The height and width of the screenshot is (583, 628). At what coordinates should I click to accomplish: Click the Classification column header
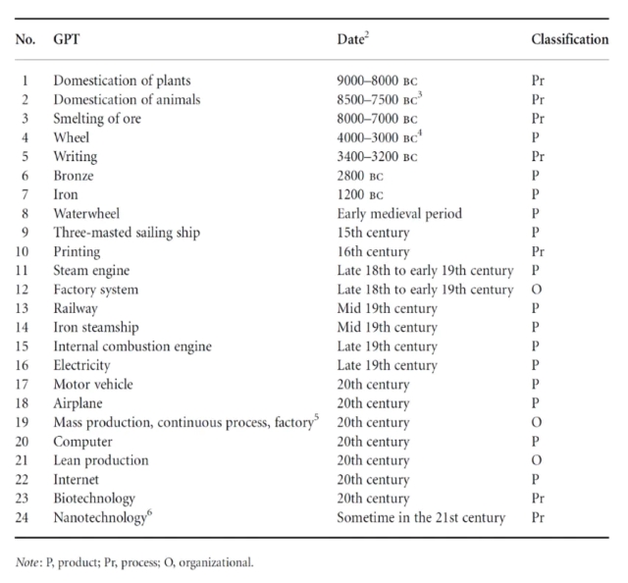click(x=569, y=39)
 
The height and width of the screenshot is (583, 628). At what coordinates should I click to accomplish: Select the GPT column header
click(x=67, y=39)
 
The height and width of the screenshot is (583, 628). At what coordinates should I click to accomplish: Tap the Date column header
click(x=352, y=39)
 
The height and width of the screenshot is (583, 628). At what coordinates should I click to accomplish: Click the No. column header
click(x=26, y=39)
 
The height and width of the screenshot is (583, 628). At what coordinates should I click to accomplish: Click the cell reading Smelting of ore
click(x=97, y=119)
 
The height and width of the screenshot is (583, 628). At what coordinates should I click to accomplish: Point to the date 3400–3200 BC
click(x=377, y=156)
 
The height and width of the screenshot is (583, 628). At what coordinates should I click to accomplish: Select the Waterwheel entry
click(x=86, y=213)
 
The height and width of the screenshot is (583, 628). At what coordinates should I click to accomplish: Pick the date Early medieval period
click(x=399, y=214)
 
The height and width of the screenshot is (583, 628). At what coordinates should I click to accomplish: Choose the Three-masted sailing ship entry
click(x=127, y=233)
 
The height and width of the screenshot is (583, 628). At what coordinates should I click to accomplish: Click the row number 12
click(x=22, y=290)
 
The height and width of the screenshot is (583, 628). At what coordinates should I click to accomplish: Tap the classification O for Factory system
click(x=537, y=290)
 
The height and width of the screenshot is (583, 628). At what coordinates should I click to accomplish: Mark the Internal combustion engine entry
click(x=132, y=346)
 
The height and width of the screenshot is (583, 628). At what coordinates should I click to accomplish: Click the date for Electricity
click(x=387, y=365)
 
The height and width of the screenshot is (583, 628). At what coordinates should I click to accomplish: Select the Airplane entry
click(x=78, y=403)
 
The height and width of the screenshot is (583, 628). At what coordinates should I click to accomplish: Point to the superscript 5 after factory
click(x=317, y=417)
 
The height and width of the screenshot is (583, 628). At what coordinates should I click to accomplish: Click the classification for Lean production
click(x=537, y=460)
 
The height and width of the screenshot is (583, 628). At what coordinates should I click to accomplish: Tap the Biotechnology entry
click(x=94, y=499)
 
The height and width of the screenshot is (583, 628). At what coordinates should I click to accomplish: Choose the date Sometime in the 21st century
click(x=421, y=517)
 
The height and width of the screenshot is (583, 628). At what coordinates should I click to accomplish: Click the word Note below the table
click(x=26, y=562)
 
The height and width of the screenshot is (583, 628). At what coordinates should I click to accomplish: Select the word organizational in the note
click(x=216, y=562)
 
